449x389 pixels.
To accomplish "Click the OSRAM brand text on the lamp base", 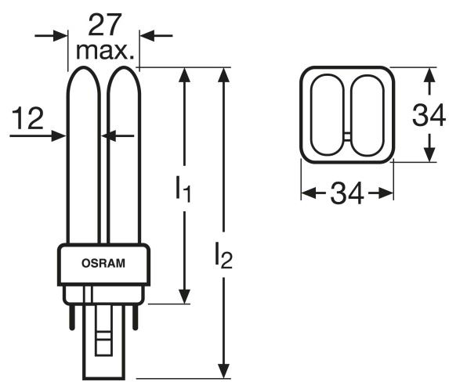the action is coord(103,263).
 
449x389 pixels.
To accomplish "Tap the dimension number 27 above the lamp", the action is coord(103,25).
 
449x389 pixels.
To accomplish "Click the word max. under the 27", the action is coord(105,52).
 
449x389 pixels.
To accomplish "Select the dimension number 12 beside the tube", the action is coord(27,118).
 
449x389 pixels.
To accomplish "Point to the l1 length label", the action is coord(183,189).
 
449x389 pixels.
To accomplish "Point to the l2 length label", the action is coord(223,255).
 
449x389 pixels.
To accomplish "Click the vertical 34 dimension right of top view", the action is coord(429,115).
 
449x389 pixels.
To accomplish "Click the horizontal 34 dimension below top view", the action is coord(347,193).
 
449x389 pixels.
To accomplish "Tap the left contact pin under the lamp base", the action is coord(72,318).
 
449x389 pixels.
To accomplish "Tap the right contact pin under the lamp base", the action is coord(135,318).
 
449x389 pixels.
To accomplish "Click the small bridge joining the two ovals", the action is coord(347,137).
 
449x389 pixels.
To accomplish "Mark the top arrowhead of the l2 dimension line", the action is coord(223,75).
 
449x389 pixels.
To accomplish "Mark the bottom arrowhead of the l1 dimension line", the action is coord(184,297).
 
